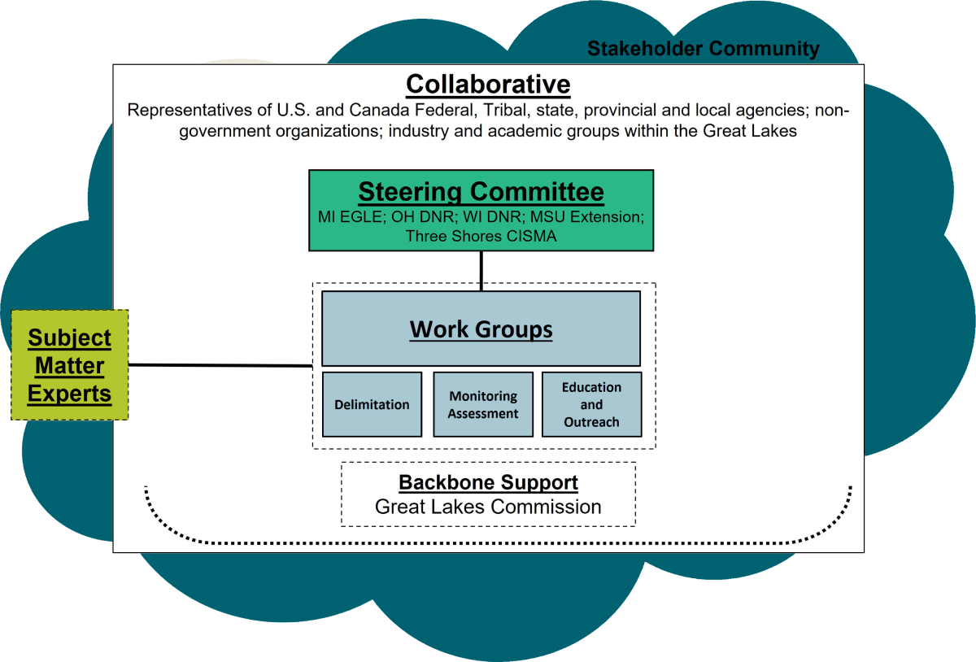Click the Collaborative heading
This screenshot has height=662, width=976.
coord(488,84)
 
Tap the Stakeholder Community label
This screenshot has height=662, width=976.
coord(703,49)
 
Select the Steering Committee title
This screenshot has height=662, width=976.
coord(481,192)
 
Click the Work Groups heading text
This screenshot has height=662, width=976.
coord(481,329)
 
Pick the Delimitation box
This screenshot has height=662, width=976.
coord(372,404)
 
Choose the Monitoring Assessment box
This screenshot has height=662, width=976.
coord(483,404)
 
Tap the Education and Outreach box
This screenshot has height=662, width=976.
coord(591,404)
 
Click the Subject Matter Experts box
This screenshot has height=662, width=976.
coord(69,365)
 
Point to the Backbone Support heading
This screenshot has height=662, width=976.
coord(488,481)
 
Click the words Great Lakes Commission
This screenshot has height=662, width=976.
coord(488,507)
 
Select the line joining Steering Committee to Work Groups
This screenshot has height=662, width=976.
coord(481,270)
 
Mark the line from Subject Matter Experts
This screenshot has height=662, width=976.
coord(220,365)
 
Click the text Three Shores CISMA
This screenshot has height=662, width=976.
coord(481,237)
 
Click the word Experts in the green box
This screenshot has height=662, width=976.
coord(69,394)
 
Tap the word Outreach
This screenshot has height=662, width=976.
coord(591,422)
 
